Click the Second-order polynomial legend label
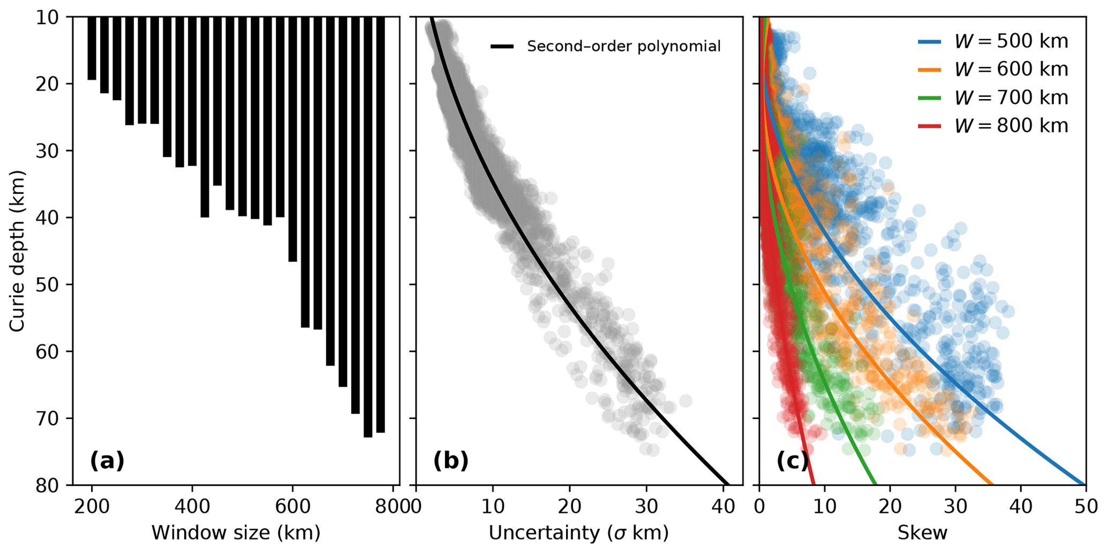tap(623, 47)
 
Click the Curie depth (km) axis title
tap(17, 251)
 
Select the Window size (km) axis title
tap(236, 533)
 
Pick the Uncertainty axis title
tap(578, 533)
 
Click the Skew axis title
tap(922, 533)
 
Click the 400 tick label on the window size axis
tap(192, 506)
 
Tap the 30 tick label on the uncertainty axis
tap(646, 506)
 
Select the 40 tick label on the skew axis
tap(1020, 506)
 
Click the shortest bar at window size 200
tap(92, 48)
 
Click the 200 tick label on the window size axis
tap(92, 506)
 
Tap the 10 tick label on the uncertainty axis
tap(493, 506)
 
